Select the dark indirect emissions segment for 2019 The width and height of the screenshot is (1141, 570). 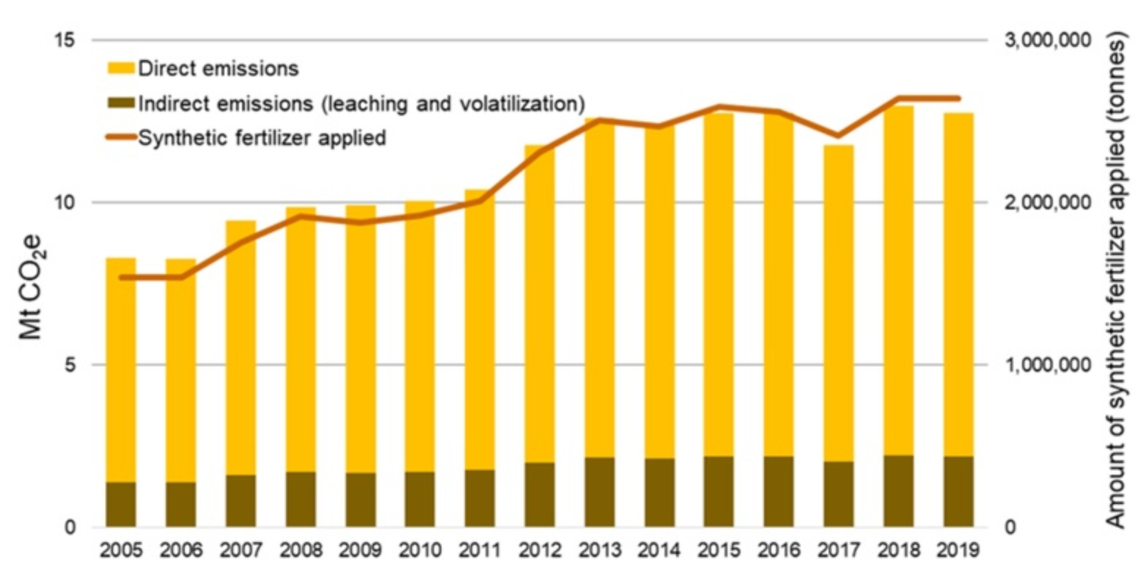click(958, 491)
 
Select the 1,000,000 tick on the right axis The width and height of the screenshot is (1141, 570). click(1052, 365)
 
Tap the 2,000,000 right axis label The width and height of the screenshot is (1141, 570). click(1052, 202)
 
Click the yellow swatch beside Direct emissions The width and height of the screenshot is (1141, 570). click(120, 70)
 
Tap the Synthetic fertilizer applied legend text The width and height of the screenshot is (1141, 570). click(262, 137)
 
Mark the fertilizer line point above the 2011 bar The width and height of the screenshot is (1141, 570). click(480, 200)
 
